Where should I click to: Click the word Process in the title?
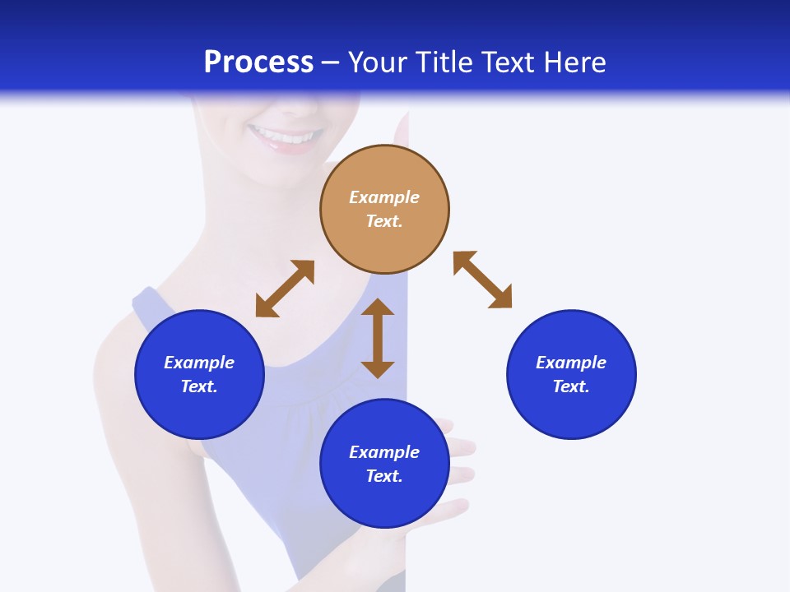258,62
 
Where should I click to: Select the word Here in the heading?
574,62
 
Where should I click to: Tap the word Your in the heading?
379,62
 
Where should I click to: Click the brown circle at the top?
384,209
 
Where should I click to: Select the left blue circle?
199,374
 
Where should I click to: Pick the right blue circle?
571,374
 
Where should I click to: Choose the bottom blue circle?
384,464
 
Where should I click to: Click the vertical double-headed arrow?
378,338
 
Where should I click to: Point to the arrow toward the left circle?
285,289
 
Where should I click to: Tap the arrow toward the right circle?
483,280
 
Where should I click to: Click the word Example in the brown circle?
384,197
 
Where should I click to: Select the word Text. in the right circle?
571,386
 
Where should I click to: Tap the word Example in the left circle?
199,363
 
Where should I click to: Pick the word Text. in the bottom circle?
384,476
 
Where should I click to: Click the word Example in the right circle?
571,363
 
